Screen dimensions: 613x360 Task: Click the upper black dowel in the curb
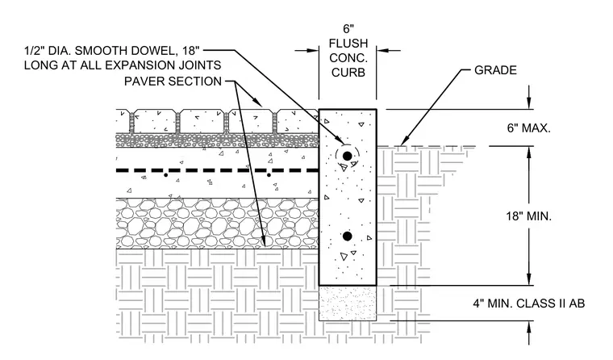tap(347, 156)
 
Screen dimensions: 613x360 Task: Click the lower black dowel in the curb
tap(347, 237)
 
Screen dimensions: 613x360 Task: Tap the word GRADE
tap(495, 70)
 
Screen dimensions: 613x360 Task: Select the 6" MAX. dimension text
tap(528, 128)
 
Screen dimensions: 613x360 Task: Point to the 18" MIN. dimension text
tap(528, 216)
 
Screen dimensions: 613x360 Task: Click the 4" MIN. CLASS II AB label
tap(529, 303)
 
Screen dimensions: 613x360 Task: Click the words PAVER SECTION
tap(173, 82)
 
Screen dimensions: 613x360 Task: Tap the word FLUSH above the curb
tap(348, 43)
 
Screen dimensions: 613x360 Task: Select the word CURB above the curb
tap(348, 73)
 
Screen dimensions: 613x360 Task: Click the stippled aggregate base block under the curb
tap(348, 303)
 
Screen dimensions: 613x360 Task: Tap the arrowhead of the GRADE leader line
tap(403, 141)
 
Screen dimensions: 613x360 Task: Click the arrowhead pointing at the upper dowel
tap(340, 140)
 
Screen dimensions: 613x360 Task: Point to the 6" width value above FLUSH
tap(348, 28)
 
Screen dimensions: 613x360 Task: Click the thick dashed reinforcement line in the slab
tap(217, 170)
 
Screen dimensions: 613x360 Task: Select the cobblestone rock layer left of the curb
tap(217, 223)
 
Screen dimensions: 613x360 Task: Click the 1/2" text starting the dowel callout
tap(32, 51)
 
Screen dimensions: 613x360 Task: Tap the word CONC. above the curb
tap(348, 58)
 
